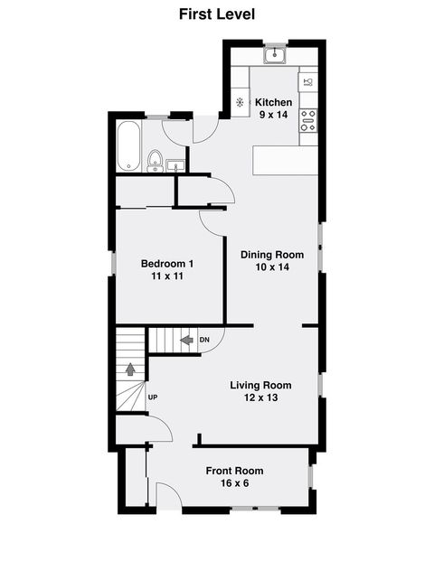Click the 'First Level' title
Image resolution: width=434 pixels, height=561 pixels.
click(x=216, y=14)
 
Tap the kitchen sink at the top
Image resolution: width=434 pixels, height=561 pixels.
click(x=275, y=57)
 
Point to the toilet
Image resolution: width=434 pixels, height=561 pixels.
click(x=155, y=161)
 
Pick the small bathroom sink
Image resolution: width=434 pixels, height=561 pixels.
click(x=175, y=164)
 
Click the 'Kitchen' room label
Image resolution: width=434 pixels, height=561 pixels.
click(x=272, y=101)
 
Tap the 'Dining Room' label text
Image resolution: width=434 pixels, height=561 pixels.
click(x=271, y=255)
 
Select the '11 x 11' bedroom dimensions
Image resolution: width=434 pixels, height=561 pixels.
click(x=166, y=276)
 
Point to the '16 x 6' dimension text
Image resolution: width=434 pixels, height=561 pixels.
click(x=234, y=483)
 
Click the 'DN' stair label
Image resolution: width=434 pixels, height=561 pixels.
click(x=204, y=340)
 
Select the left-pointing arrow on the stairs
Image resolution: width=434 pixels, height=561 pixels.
click(x=186, y=340)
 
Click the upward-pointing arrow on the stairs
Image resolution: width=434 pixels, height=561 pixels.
click(x=130, y=369)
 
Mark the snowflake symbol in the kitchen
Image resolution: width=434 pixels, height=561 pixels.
click(x=241, y=102)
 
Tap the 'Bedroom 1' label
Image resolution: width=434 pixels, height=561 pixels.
click(x=166, y=263)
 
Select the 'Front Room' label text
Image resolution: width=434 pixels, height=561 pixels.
click(x=234, y=470)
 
